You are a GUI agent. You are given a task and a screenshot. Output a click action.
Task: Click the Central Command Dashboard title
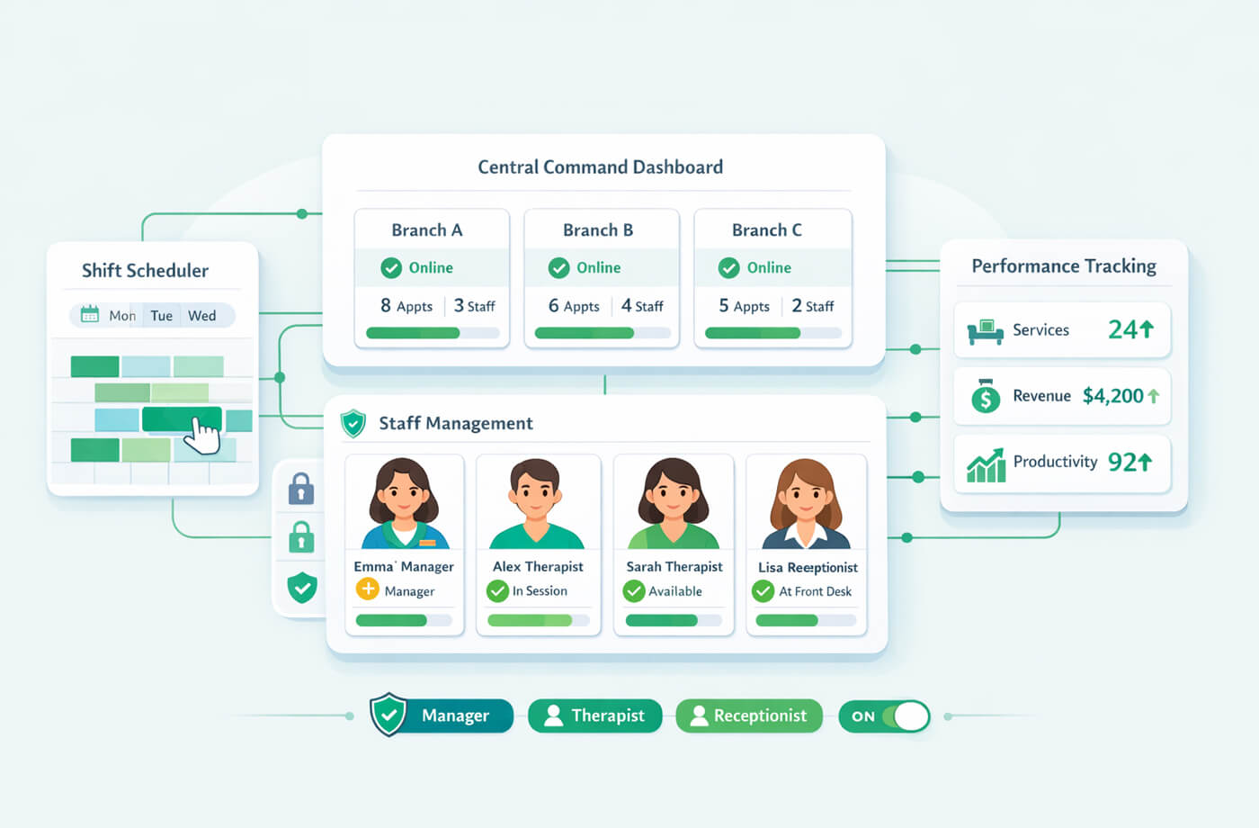coord(600,167)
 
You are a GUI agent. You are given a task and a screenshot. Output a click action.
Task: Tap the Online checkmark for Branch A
coord(391,268)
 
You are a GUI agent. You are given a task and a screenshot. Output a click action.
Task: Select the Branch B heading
coord(598,230)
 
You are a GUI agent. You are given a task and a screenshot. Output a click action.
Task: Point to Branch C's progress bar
coord(772,333)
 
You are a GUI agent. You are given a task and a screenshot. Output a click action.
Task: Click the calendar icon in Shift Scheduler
coord(90,315)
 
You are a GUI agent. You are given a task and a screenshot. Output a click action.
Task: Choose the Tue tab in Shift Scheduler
coord(162,316)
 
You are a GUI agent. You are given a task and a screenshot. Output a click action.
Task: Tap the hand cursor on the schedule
coord(205,437)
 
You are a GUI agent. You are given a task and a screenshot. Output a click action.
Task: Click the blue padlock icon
coord(301,490)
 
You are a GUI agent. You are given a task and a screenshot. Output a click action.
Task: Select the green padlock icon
coord(301,538)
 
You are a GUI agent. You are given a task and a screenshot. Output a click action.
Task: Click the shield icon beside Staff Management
coord(353,423)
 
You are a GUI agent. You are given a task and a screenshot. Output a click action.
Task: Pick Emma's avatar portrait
coord(403,503)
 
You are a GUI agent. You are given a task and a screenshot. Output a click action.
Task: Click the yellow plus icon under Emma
coord(368,589)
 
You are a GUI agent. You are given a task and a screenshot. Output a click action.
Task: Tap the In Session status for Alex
coord(539,591)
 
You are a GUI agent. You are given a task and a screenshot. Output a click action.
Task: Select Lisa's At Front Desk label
coord(815,591)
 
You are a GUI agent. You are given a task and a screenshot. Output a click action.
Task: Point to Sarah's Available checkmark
coord(634,591)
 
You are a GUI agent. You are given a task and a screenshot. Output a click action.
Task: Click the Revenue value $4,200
coord(1112,396)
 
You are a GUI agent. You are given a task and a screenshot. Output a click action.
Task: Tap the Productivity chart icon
coord(986,464)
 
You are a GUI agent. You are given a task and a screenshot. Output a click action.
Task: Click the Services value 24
coord(1123,330)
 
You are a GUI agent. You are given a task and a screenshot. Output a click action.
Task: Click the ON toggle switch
coord(885,716)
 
